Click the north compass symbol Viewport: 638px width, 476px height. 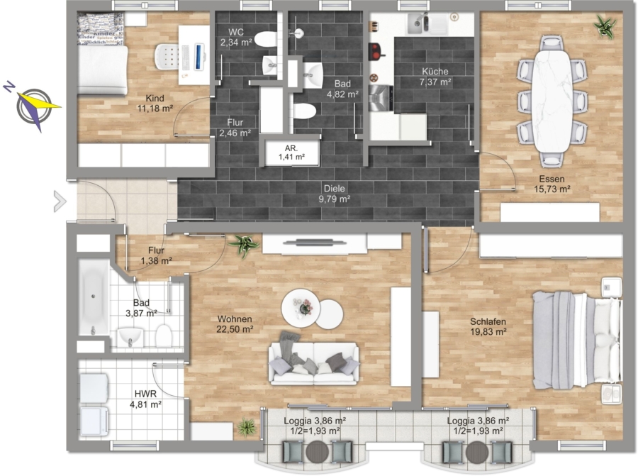[x=33, y=106]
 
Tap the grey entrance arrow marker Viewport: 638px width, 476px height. [x=60, y=201]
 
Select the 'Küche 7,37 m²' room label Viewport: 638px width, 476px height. [x=435, y=77]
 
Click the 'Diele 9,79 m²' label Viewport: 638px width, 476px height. [x=335, y=194]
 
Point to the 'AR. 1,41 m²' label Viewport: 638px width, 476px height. [x=292, y=153]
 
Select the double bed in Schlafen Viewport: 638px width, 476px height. [x=577, y=340]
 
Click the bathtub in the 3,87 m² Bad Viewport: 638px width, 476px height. [x=94, y=297]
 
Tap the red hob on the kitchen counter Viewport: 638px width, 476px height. [x=377, y=51]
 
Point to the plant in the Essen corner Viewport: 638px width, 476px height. [x=605, y=26]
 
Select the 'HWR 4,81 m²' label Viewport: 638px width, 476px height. [x=145, y=399]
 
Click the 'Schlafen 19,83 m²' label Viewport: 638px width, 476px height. [x=488, y=326]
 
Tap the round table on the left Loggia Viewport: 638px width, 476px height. [x=317, y=452]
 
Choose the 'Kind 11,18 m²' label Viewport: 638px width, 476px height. [x=155, y=103]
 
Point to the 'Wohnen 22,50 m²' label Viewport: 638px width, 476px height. [x=235, y=324]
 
